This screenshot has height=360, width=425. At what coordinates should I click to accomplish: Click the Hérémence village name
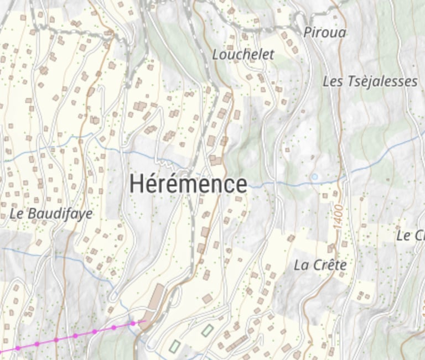point(188,184)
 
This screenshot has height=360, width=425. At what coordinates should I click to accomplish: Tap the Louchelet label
point(243,54)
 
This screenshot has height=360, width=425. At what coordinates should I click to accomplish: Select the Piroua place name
point(325,32)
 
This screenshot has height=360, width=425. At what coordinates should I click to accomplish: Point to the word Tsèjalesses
point(382,82)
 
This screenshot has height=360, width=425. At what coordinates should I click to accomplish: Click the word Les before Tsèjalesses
point(333,82)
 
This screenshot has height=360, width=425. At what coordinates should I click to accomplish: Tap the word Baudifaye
point(59,213)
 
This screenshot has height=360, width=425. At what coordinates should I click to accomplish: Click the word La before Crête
point(300,265)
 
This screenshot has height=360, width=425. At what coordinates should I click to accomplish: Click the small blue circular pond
point(315,177)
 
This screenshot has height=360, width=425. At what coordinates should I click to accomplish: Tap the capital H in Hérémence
point(138,184)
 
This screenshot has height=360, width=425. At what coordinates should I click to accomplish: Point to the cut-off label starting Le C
point(411,236)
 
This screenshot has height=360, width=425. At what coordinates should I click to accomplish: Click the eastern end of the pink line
point(145,320)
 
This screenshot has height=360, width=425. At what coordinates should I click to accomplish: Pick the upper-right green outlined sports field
point(207,331)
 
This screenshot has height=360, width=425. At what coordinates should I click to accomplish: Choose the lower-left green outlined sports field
point(174,346)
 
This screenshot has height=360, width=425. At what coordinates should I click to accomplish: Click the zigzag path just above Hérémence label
point(164,163)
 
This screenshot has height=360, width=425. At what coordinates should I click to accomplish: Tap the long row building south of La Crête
point(236,343)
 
